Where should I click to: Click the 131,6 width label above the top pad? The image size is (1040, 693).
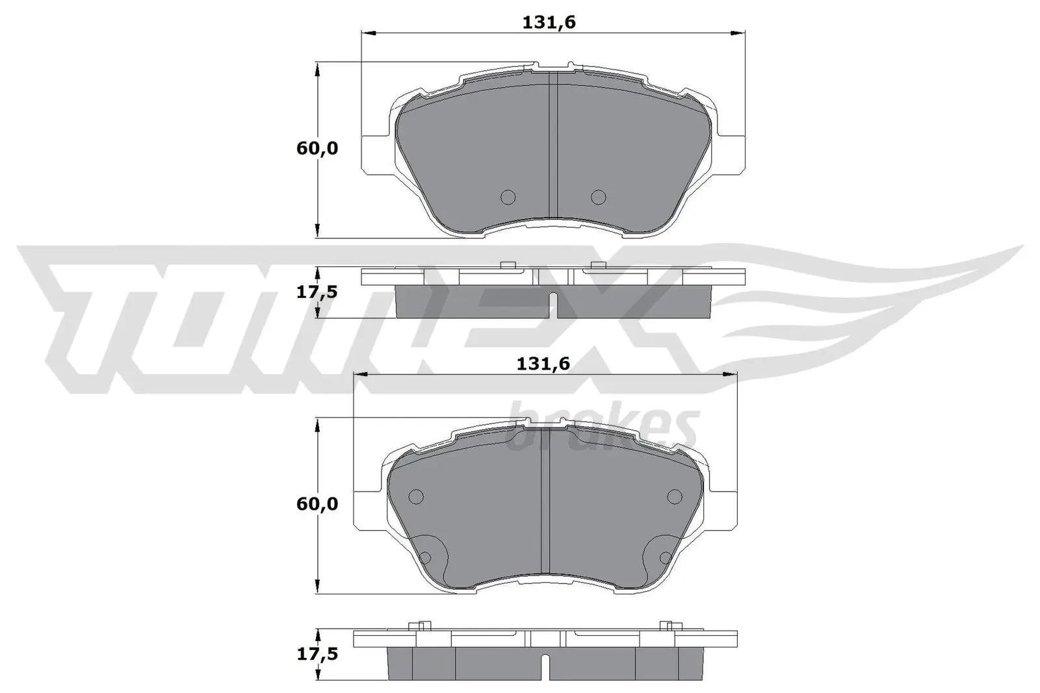[x=549, y=23]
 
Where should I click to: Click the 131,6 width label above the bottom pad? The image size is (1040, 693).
[x=543, y=364]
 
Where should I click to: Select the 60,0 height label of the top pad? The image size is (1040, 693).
[x=317, y=149]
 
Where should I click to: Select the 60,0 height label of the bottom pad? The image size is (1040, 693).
[x=317, y=504]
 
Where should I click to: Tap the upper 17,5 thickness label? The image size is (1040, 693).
[x=317, y=292]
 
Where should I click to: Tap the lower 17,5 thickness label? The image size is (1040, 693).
[x=317, y=655]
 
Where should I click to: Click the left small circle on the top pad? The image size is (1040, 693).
[x=508, y=196]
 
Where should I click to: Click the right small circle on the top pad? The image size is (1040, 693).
[x=598, y=196]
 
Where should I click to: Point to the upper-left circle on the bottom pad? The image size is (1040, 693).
[x=416, y=497]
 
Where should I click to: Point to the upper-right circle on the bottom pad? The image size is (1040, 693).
[x=675, y=497]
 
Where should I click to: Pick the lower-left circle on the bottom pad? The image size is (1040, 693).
[x=426, y=557]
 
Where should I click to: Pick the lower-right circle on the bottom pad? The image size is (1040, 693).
[x=664, y=557]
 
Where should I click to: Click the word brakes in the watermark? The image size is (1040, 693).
[x=601, y=429]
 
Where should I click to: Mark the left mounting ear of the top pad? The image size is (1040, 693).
[x=377, y=155]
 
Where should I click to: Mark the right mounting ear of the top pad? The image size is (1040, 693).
[x=729, y=155]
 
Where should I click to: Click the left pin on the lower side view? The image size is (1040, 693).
[x=420, y=626]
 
